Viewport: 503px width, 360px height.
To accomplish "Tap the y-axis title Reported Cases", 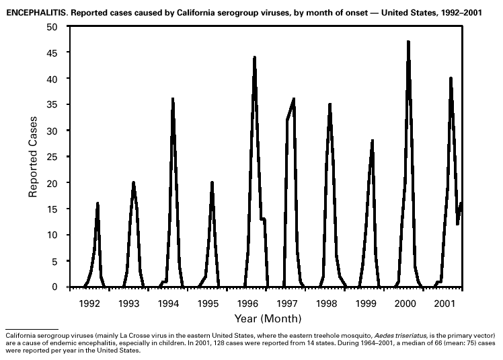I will [x=32, y=155].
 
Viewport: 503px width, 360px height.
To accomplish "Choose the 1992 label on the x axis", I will [x=89, y=303].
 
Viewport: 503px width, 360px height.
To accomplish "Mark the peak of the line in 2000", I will [x=408, y=42].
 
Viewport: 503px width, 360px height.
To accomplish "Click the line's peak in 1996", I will [x=254, y=57].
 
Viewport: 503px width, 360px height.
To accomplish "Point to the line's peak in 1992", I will [x=98, y=203].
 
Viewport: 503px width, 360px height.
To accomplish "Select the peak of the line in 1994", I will [x=173, y=99].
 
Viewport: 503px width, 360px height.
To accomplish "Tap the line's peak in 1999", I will [x=373, y=141].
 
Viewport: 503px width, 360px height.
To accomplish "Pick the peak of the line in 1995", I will [x=212, y=182].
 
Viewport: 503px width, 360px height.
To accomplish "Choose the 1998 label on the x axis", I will [x=326, y=303].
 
